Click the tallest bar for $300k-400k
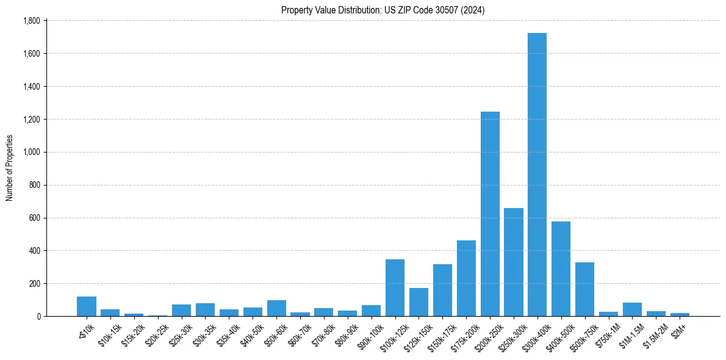(537, 175)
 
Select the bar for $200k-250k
(490, 214)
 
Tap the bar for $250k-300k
(514, 262)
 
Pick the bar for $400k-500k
(561, 268)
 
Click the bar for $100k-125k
(395, 287)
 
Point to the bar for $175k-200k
(466, 278)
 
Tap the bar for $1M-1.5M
(632, 309)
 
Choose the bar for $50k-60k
(276, 308)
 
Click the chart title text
(383, 10)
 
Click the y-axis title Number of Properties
(10, 168)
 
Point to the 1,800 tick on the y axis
(31, 21)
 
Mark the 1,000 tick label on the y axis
(31, 152)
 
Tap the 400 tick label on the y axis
(34, 251)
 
